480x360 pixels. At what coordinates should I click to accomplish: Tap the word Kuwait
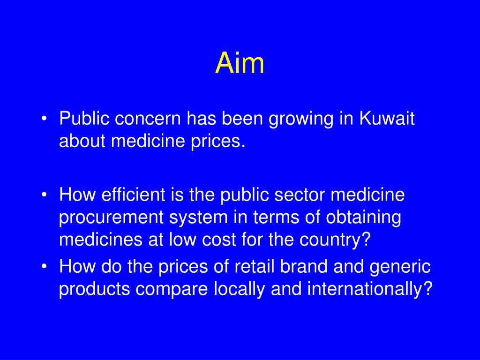[x=387, y=119]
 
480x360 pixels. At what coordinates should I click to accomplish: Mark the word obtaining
[x=364, y=218]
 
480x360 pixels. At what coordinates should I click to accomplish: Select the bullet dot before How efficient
[x=44, y=195]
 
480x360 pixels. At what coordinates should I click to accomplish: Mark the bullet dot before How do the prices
[x=44, y=267]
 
